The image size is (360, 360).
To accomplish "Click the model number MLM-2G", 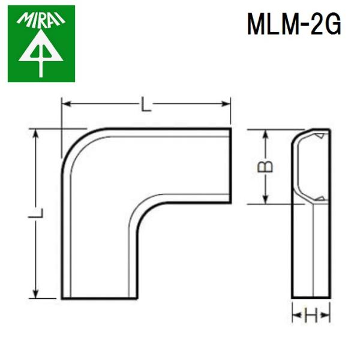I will (295, 25).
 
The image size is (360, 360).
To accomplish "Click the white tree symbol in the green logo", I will (41, 55).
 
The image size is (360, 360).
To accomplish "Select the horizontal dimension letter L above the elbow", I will (146, 106).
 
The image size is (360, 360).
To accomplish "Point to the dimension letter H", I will (310, 315).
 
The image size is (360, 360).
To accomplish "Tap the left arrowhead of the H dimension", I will (295, 315).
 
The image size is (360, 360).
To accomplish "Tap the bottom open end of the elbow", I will (95, 298).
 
